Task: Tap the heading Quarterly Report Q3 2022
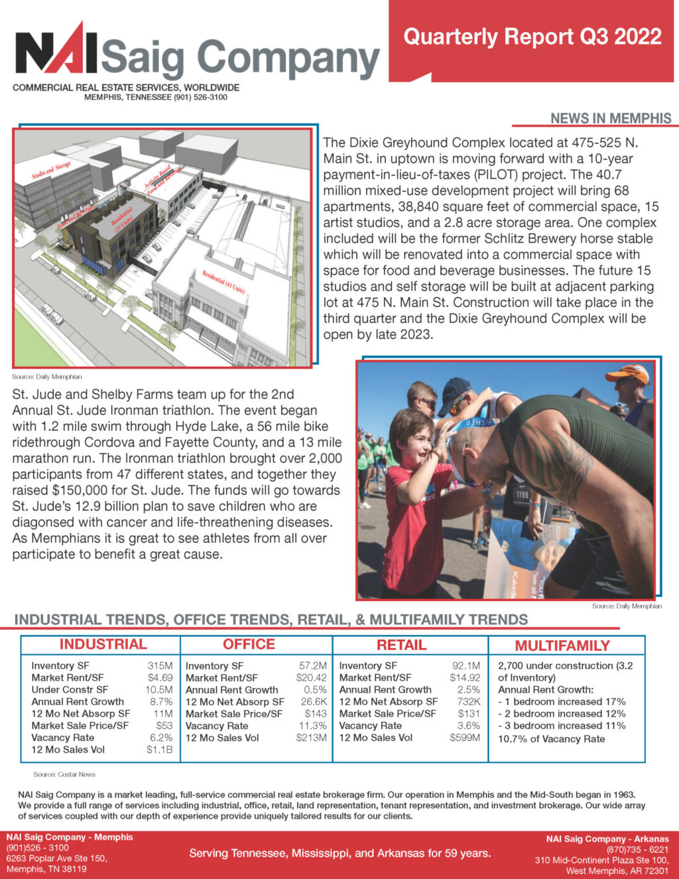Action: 532,36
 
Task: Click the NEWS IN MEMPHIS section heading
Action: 610,118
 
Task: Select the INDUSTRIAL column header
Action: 103,644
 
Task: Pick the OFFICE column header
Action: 249,644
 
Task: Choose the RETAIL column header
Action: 401,645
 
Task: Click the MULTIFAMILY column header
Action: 562,645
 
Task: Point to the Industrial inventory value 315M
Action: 160,665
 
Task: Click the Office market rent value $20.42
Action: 311,677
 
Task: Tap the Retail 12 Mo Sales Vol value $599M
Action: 465,737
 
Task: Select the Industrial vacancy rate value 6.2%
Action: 161,737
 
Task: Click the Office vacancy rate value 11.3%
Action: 314,726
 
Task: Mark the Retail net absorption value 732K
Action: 468,701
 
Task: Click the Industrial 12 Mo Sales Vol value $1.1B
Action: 159,749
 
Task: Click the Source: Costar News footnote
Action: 64,774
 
